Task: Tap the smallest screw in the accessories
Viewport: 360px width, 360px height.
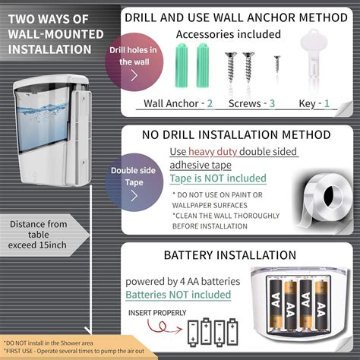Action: (x=277, y=64)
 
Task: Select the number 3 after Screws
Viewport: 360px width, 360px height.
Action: (x=272, y=103)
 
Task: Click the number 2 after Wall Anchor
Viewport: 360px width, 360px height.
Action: (x=210, y=103)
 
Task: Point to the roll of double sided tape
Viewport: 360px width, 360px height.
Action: (x=327, y=199)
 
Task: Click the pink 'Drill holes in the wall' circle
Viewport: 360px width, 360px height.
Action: (x=134, y=62)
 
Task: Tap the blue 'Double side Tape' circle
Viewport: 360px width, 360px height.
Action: (x=134, y=182)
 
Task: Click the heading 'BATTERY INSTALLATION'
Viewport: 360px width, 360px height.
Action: (x=230, y=255)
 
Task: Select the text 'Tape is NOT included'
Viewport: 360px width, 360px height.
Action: (x=218, y=178)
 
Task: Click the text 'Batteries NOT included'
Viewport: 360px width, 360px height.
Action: (x=178, y=295)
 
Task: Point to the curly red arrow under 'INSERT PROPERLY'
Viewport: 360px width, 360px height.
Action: (x=164, y=327)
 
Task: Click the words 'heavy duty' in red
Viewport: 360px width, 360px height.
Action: (x=213, y=152)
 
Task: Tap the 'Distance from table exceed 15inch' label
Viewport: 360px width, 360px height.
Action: (x=38, y=235)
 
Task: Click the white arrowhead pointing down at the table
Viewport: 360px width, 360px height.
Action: (x=88, y=330)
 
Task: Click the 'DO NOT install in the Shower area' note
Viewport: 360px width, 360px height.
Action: (x=49, y=343)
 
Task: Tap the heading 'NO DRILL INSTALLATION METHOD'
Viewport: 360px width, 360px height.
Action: (x=236, y=134)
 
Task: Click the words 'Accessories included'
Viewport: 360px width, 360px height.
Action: (x=229, y=34)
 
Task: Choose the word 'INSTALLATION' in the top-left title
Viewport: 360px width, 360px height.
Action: (x=49, y=49)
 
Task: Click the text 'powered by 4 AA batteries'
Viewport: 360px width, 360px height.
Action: (x=183, y=282)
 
